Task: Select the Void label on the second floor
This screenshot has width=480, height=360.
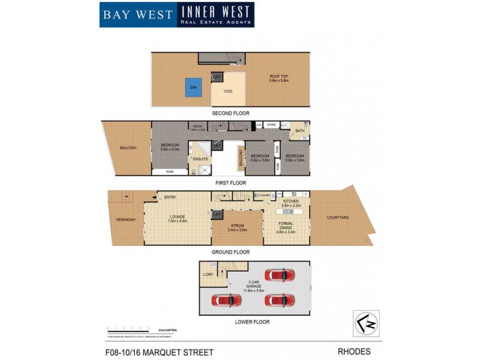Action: click(x=228, y=92)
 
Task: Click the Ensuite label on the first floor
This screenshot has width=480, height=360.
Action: click(x=200, y=159)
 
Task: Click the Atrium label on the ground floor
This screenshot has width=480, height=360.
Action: click(x=238, y=227)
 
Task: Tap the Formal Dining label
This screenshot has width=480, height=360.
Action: click(x=286, y=227)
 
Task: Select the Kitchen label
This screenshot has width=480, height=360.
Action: click(x=290, y=202)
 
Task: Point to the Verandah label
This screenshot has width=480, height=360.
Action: click(x=126, y=220)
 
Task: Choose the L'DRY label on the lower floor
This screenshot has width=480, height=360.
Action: click(x=208, y=274)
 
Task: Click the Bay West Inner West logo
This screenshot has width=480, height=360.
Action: click(x=176, y=14)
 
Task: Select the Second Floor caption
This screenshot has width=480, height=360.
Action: click(x=230, y=113)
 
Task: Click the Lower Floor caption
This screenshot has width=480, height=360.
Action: click(x=253, y=322)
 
